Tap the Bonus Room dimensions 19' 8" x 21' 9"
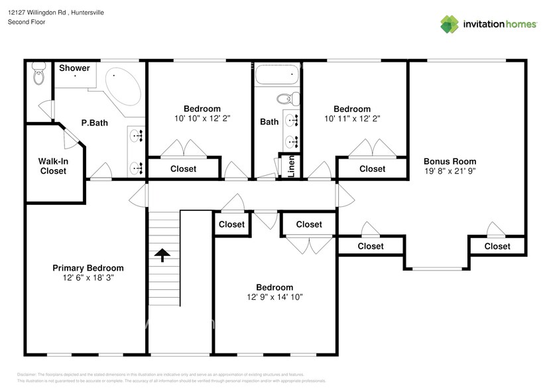450,171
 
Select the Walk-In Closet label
53,166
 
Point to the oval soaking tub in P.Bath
122,86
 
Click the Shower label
74,68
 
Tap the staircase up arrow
162,255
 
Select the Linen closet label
290,167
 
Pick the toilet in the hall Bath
286,99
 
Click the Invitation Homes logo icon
450,24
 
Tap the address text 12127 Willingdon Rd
36,13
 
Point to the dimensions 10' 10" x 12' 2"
202,119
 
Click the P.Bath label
94,123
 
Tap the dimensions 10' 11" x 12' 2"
351,119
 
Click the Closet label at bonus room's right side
497,246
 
